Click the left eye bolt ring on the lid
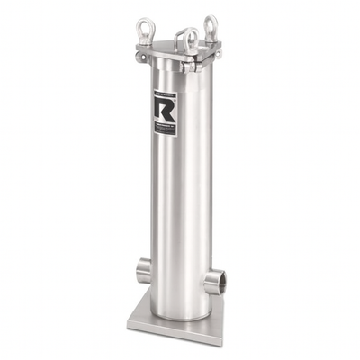(x=144, y=26)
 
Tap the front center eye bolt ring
(x=189, y=38)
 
